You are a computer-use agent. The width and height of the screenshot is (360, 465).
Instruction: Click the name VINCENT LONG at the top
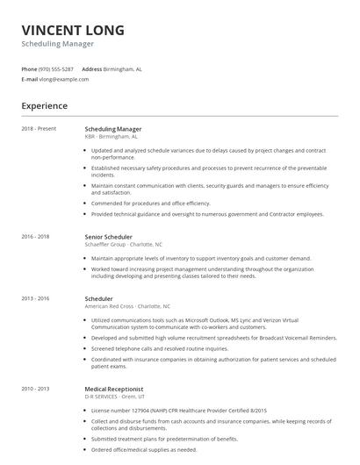pyautogui.click(x=73, y=31)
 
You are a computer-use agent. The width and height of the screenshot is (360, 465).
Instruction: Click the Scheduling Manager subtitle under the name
pyautogui.click(x=57, y=44)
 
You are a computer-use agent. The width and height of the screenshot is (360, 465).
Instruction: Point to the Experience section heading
pyautogui.click(x=45, y=106)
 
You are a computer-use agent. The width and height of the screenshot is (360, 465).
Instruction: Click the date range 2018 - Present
pyautogui.click(x=39, y=129)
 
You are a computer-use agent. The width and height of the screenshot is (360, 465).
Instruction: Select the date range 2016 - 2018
pyautogui.click(x=36, y=237)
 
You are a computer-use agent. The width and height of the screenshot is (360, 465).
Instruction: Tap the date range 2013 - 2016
pyautogui.click(x=36, y=298)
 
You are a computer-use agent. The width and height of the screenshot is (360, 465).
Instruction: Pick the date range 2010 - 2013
pyautogui.click(x=36, y=387)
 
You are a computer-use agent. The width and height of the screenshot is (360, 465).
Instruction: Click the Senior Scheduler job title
pyautogui.click(x=108, y=237)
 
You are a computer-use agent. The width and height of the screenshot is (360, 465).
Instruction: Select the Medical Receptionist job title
pyautogui.click(x=115, y=387)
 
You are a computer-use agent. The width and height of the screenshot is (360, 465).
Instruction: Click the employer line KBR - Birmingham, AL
pyautogui.click(x=111, y=137)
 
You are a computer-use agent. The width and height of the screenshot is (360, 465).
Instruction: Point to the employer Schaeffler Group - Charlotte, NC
pyautogui.click(x=123, y=245)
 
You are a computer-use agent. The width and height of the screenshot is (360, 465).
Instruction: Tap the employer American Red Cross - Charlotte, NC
pyautogui.click(x=127, y=306)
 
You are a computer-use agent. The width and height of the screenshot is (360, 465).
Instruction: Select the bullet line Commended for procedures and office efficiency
pyautogui.click(x=150, y=203)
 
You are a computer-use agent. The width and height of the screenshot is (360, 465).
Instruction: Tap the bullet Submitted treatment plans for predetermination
pyautogui.click(x=164, y=438)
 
